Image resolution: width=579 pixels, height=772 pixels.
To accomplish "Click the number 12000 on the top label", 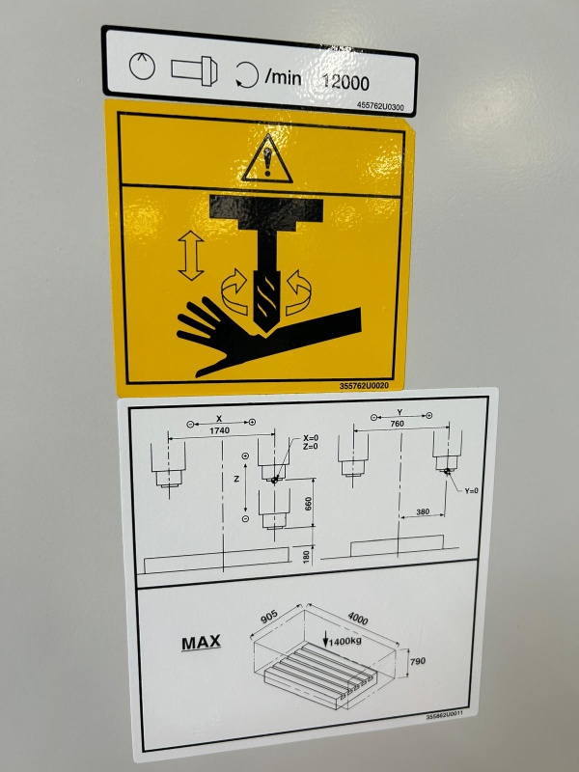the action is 345,82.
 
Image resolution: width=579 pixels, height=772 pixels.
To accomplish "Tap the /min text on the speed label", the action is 283,78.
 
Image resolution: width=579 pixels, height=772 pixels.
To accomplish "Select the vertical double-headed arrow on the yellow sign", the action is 191,256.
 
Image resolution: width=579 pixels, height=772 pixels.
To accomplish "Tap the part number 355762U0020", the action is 364,386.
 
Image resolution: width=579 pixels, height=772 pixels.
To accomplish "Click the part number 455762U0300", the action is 380,106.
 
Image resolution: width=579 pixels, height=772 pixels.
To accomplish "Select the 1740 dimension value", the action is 219,430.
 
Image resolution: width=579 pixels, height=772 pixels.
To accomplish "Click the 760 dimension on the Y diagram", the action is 397,424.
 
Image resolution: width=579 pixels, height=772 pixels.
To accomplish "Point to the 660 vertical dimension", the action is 308,504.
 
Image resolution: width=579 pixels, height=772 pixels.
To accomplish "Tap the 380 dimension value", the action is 423,511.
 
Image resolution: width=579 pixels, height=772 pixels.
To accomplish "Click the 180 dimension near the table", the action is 307,557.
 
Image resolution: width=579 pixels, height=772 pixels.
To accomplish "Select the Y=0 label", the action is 471,491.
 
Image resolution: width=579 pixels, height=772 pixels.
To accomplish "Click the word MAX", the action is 201,643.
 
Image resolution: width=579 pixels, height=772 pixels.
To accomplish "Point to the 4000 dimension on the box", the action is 357,618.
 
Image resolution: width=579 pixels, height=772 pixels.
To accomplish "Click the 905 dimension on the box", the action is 269,617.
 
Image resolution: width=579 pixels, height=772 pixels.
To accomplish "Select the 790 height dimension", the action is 418,661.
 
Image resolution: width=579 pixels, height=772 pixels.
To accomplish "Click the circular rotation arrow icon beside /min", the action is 247,76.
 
